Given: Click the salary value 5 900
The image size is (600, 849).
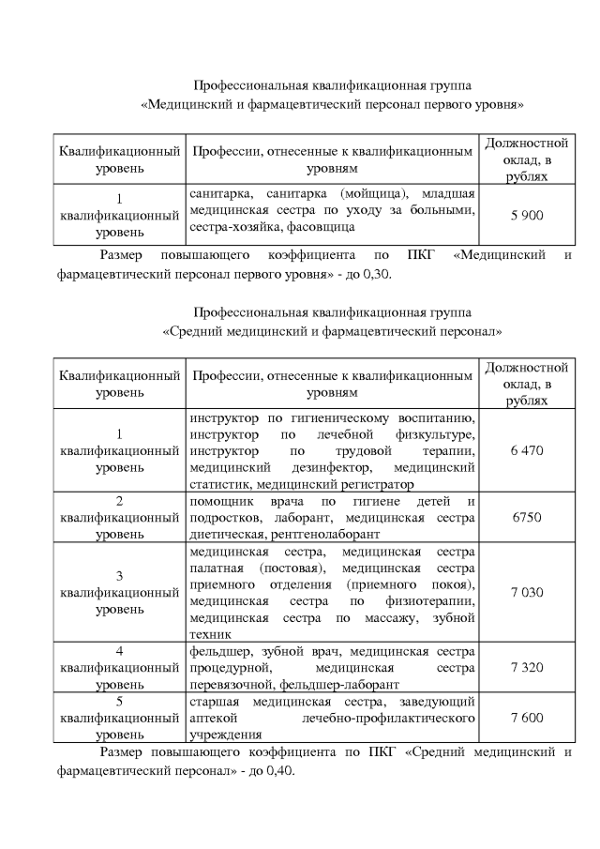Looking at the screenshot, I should click(x=527, y=215).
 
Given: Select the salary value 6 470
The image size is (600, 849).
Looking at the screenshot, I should click(x=527, y=450).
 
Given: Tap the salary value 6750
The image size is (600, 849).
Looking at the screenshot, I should click(x=527, y=517).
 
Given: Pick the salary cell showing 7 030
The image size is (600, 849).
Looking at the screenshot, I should click(x=527, y=593).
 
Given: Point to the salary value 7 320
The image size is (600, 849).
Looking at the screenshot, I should click(x=527, y=667).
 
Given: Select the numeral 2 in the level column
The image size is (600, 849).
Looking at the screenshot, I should click(x=119, y=500).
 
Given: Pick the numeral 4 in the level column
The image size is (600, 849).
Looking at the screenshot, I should click(x=119, y=650).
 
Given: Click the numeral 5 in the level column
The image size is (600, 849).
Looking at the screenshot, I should click(x=119, y=701).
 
